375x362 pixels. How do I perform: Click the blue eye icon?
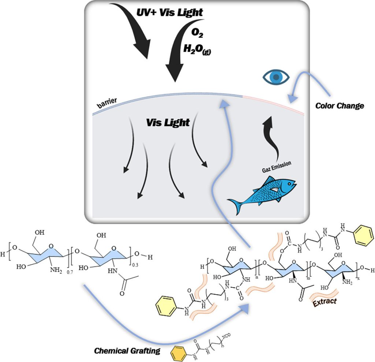point(276,77)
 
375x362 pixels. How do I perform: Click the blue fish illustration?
point(263,194)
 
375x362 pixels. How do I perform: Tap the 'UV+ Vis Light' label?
point(170,12)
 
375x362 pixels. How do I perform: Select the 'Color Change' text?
point(339,106)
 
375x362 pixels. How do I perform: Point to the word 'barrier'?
point(107,103)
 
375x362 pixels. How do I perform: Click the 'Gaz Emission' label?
point(277,166)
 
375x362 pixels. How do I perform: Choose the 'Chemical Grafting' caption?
point(127,351)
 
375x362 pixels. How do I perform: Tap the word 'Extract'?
point(324,302)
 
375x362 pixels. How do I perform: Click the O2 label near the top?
point(197,33)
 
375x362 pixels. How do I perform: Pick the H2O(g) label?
point(197,49)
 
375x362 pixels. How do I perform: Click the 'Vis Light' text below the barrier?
point(168,122)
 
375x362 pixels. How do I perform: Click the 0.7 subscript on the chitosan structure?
point(70,272)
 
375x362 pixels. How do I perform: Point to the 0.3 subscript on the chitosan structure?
point(135,265)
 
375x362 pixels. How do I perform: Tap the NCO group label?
point(226,335)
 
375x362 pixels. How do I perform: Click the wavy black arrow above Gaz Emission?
point(272,139)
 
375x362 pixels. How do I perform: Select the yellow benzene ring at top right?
point(364,235)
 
